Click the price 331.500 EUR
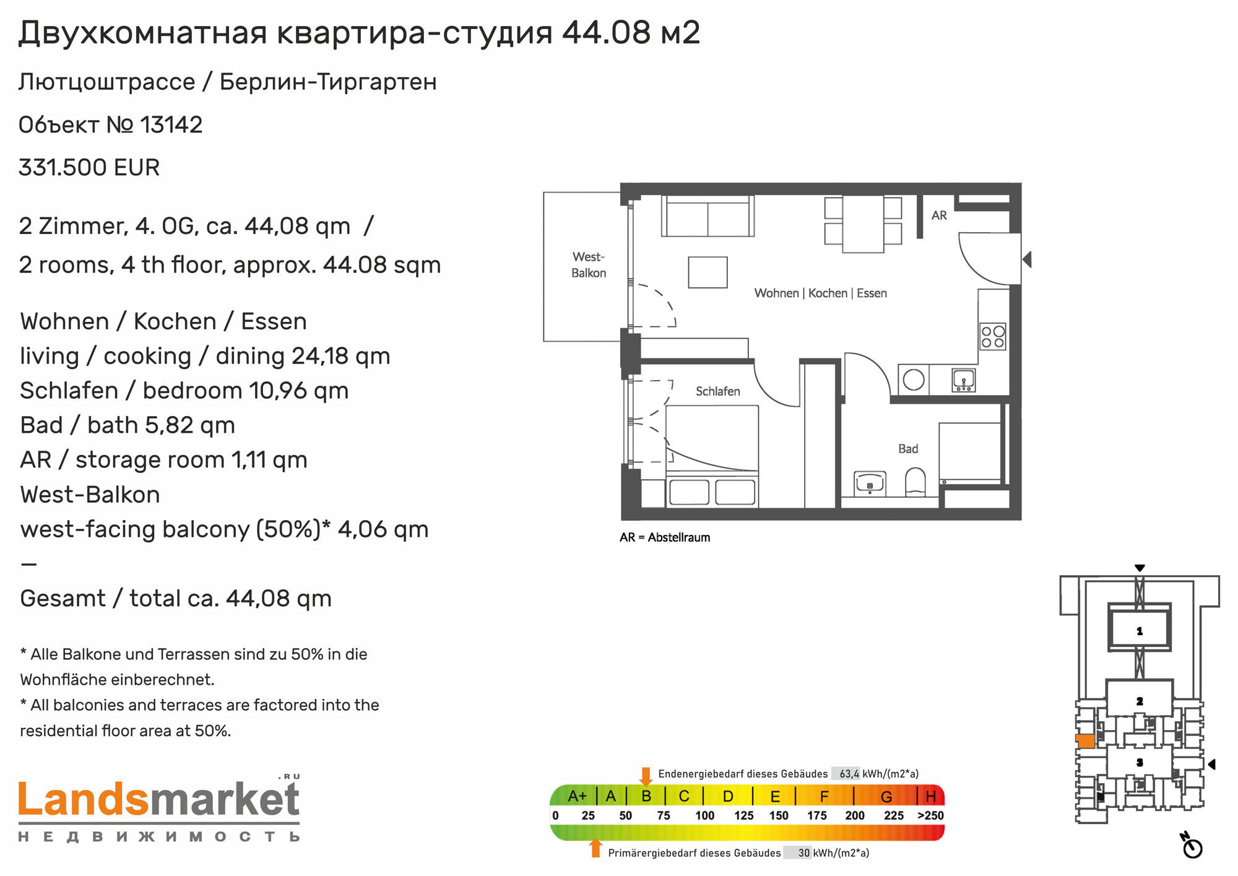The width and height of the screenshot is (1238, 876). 89,168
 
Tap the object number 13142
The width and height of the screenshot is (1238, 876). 171,125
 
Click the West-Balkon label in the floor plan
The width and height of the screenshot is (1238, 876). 588,265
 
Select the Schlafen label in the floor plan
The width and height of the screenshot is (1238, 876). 717,391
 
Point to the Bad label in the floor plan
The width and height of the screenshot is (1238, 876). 908,449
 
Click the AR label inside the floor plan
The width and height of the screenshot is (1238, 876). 939,215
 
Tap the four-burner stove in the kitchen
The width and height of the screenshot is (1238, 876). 993,337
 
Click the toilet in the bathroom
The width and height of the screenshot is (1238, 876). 916,482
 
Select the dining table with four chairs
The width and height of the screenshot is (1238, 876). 863,223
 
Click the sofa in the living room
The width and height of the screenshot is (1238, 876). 708,216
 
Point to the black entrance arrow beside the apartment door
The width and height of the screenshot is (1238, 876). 1027,259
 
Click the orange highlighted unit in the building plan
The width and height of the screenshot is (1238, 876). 1085,741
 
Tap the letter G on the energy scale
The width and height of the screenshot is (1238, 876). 886,797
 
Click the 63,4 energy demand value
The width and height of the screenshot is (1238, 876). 849,774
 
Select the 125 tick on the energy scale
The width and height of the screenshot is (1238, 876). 744,816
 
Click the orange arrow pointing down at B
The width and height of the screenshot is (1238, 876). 646,776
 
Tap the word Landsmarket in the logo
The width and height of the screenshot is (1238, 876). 159,799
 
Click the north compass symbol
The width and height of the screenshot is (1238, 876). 1191,846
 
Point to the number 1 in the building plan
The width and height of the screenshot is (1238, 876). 1139,631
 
